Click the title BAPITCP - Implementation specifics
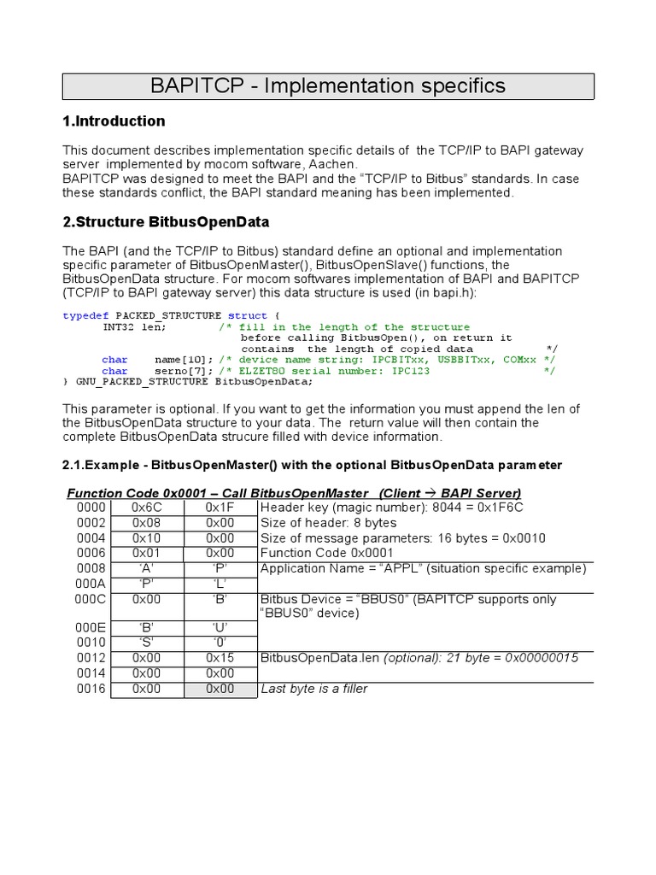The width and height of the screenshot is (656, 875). (328, 85)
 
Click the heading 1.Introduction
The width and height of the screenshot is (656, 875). (114, 121)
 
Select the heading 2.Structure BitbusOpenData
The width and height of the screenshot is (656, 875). (166, 222)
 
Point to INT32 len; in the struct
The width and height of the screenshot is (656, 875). (134, 327)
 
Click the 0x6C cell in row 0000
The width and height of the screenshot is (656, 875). (147, 508)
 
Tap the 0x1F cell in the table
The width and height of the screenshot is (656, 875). (220, 508)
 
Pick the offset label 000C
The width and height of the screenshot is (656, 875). (91, 600)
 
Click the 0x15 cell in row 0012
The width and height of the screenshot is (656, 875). (220, 658)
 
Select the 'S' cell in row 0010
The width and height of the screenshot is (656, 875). (147, 643)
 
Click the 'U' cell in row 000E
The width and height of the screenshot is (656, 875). (220, 627)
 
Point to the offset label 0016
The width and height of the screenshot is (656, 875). (91, 689)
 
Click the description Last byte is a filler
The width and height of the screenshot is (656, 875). (313, 689)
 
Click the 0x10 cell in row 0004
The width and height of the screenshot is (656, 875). (147, 538)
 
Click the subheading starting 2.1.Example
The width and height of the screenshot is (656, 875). (313, 465)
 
